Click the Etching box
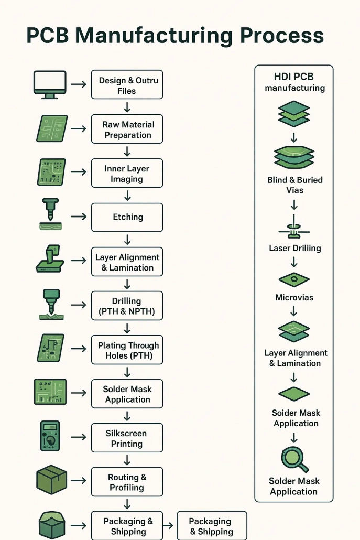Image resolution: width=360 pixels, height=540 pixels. [127, 217]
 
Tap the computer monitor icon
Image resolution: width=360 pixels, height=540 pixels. [50, 84]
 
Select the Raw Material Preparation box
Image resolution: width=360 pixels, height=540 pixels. [127, 129]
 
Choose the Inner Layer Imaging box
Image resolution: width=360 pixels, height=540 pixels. [127, 173]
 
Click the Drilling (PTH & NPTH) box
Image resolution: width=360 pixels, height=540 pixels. [127, 306]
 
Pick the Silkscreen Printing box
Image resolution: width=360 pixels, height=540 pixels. [127, 438]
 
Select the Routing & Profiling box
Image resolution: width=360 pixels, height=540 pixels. [127, 482]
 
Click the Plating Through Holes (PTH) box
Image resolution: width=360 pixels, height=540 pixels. [127, 350]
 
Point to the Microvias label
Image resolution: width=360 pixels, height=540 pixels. [294, 298]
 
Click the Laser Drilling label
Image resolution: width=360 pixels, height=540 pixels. [295, 248]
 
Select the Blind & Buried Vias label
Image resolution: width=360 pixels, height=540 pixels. [295, 185]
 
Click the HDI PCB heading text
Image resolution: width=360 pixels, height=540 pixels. [293, 77]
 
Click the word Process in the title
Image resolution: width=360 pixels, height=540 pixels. [282, 36]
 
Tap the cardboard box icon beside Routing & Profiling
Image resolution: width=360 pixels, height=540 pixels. [51, 480]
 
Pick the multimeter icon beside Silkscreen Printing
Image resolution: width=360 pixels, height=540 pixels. [50, 436]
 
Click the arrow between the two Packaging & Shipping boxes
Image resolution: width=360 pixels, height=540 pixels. [168, 525]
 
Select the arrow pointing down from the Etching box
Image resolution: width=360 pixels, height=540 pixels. [127, 240]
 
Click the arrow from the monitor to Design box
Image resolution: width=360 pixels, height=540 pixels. [79, 84]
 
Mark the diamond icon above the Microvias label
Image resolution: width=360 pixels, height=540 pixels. [294, 279]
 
